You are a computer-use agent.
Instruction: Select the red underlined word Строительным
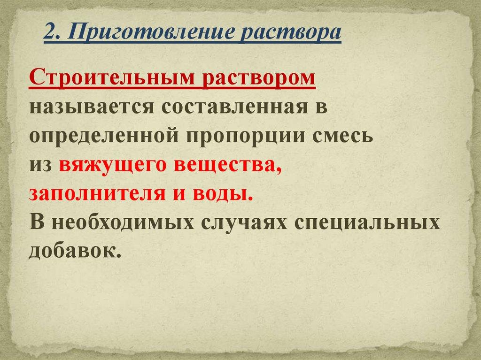pos(112,77)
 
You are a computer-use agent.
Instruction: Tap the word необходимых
pos(123,222)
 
